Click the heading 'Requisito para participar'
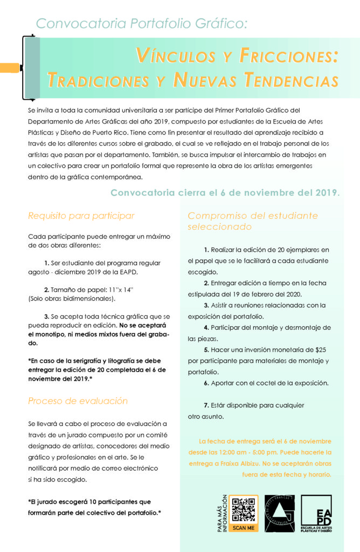tap(81, 216)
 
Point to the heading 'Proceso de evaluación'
tap(78, 401)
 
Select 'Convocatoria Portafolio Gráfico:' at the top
tap(142, 24)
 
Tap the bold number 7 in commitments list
tap(205, 405)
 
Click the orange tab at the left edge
tap(10, 67)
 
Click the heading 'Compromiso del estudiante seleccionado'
tap(253, 221)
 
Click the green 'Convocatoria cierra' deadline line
tap(225, 192)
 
